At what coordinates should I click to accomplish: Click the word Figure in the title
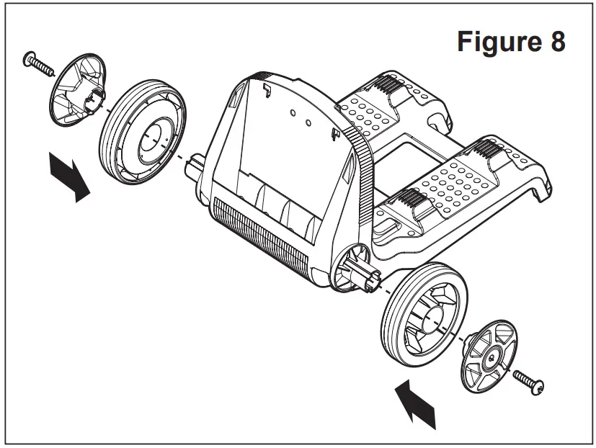pyautogui.click(x=498, y=42)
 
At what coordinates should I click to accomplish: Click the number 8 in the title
pyautogui.click(x=556, y=42)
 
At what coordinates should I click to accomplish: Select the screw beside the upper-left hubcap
pyautogui.click(x=40, y=63)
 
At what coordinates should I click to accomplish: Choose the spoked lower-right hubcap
pyautogui.click(x=490, y=357)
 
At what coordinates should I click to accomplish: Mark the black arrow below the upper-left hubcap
pyautogui.click(x=69, y=177)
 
